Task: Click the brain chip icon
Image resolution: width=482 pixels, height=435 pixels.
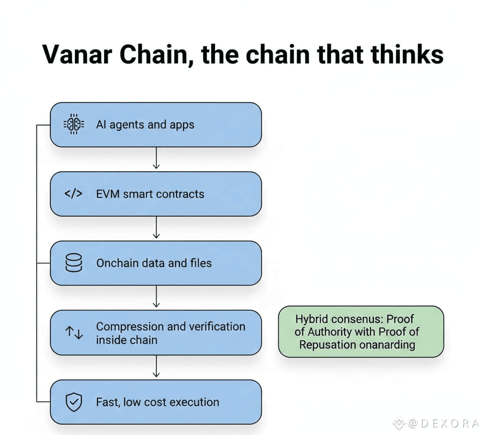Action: tap(73, 124)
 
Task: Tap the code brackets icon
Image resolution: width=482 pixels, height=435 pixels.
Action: tap(73, 194)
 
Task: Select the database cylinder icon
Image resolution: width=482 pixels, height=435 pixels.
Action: tap(73, 263)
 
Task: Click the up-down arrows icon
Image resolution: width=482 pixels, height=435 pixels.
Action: tap(74, 333)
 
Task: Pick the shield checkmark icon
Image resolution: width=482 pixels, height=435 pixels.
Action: tap(73, 402)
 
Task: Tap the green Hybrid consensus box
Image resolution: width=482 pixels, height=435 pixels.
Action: tap(361, 331)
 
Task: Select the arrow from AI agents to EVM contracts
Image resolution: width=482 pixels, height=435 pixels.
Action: tap(156, 159)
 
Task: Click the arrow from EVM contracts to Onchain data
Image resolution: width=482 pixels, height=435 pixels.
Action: tap(156, 229)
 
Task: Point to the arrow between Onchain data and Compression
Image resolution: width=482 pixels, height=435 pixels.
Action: tap(156, 298)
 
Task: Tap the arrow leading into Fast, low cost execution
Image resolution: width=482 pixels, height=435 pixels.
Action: tap(156, 368)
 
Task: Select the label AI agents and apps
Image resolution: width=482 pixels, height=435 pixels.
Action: tap(145, 125)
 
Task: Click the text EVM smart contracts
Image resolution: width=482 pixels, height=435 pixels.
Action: tap(150, 194)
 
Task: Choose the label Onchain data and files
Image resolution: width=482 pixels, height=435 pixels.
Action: tap(154, 263)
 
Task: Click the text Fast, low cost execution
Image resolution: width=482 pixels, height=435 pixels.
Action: tap(158, 402)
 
